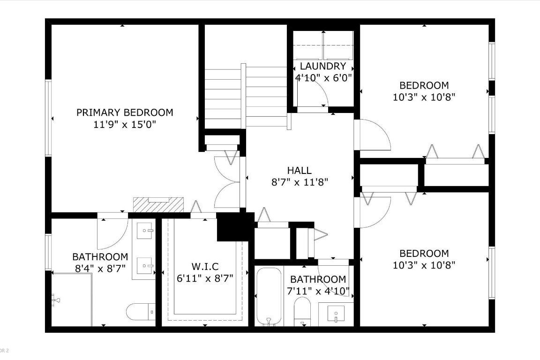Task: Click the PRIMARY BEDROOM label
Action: (x=125, y=112)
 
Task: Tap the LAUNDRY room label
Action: (x=323, y=66)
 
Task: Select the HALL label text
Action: (x=299, y=171)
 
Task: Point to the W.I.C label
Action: (x=205, y=267)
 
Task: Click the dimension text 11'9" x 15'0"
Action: (x=125, y=125)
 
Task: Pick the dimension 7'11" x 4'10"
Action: (x=318, y=291)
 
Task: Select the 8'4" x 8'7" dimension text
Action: (x=100, y=269)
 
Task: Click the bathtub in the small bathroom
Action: (x=269, y=296)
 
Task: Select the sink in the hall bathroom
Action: (x=337, y=312)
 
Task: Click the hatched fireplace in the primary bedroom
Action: (x=158, y=204)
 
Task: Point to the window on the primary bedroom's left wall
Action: (x=48, y=117)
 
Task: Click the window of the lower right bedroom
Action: (x=492, y=272)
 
